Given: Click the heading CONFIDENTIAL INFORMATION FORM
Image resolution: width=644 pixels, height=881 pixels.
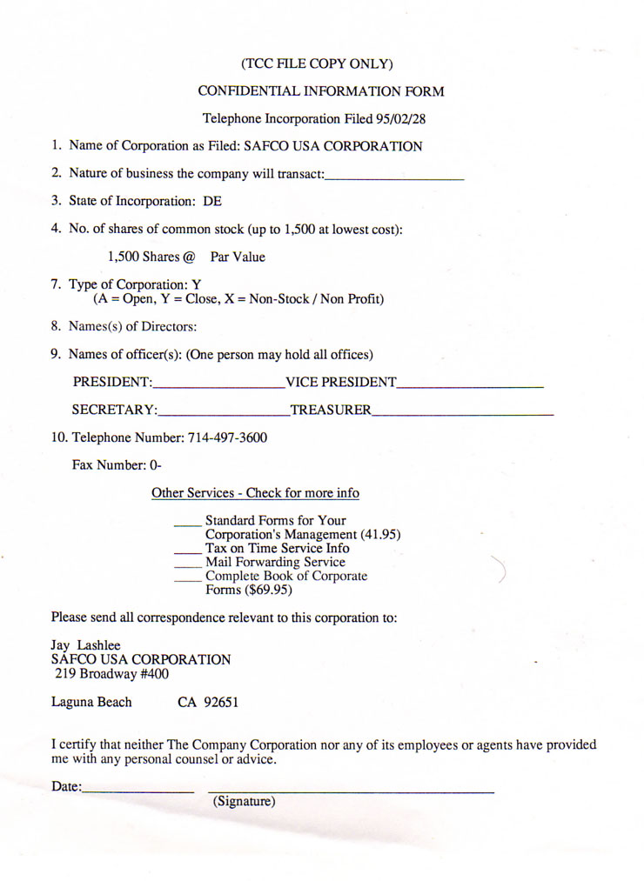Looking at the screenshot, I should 320,91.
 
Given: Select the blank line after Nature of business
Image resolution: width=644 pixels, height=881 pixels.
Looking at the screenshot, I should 394,177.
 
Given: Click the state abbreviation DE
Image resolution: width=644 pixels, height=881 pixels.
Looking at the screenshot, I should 212,201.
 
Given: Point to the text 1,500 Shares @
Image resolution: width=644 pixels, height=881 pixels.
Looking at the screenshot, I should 151,257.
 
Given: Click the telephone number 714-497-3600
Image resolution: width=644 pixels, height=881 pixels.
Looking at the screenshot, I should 227,437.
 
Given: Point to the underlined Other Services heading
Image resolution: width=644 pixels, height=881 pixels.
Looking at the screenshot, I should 255,493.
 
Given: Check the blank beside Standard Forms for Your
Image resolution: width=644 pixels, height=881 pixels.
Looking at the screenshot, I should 188,524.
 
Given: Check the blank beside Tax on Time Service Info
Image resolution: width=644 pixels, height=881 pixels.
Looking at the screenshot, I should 188,552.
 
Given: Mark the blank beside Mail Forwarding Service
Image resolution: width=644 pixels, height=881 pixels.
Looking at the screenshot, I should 188,566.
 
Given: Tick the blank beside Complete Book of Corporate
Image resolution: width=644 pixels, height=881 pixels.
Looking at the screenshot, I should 188,580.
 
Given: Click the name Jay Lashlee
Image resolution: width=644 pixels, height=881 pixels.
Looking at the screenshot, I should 86,645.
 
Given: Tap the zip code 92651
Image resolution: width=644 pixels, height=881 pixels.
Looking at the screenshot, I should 221,702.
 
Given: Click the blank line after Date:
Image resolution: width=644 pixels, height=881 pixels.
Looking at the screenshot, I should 138,791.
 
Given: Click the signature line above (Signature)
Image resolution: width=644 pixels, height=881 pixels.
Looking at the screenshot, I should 351,791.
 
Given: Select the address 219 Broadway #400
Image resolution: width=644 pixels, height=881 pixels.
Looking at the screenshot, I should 111,674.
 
